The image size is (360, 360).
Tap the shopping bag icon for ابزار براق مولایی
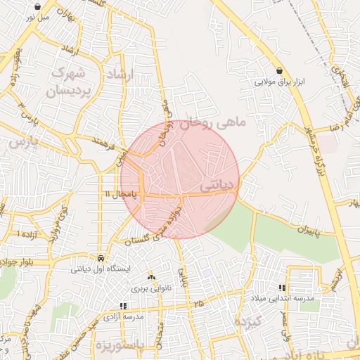281,70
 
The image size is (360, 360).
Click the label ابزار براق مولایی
281,82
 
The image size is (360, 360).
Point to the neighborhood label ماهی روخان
214,123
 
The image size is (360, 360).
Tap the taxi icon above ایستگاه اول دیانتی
103,257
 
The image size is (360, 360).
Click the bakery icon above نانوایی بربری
150,278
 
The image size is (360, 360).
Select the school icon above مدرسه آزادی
124,306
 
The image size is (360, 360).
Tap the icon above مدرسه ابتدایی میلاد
282,288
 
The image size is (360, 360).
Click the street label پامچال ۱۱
118,193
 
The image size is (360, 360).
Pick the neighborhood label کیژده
248,323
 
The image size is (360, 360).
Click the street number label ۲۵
200,303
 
